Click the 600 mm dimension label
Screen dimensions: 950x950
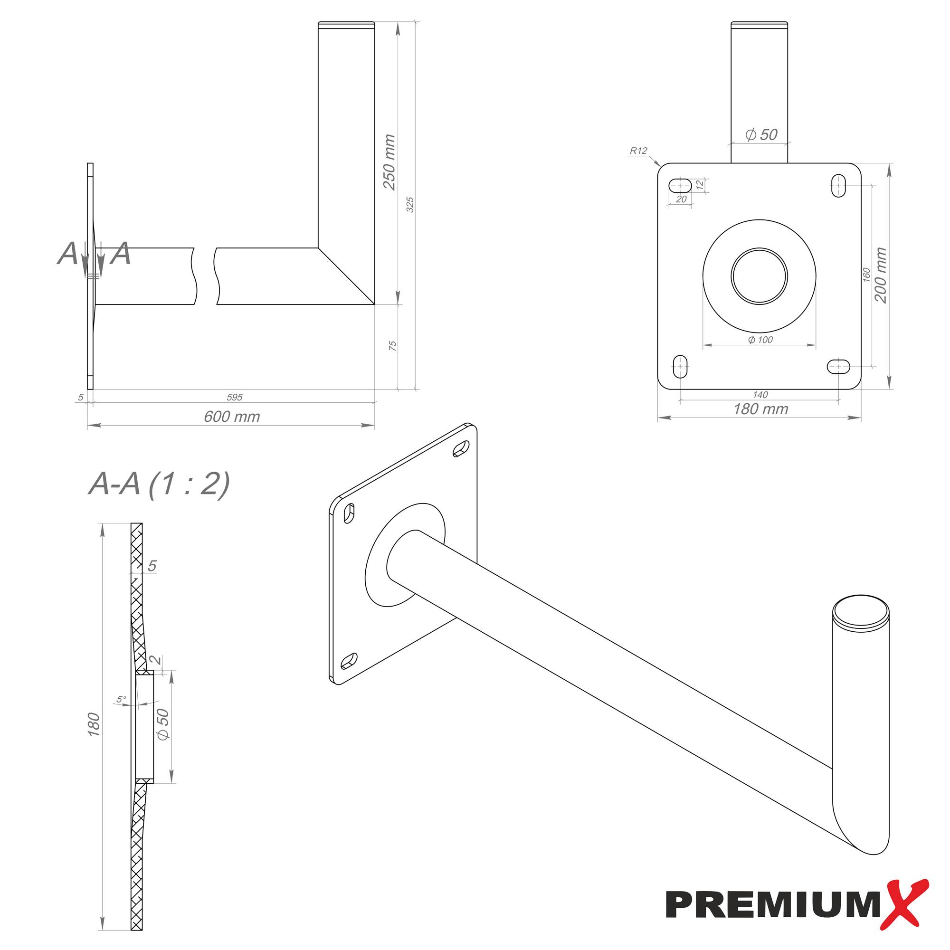click(232, 417)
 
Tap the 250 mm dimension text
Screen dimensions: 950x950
click(389, 162)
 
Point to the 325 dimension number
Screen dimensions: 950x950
click(410, 205)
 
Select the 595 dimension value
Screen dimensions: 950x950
click(235, 397)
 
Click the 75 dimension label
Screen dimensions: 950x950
click(392, 346)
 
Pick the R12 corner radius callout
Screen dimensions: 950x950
click(639, 151)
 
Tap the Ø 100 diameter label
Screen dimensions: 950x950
click(760, 340)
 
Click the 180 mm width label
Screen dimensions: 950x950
click(760, 409)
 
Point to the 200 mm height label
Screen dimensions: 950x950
click(881, 275)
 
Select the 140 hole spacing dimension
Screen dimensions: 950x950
click(760, 395)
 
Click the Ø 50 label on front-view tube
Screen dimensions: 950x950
click(761, 135)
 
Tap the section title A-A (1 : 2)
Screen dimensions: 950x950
click(159, 484)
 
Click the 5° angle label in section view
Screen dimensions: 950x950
click(121, 699)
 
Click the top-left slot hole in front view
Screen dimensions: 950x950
click(681, 186)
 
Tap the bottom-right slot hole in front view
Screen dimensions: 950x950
click(838, 366)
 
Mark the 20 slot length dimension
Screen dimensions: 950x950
click(681, 199)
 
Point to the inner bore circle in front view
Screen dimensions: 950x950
click(759, 276)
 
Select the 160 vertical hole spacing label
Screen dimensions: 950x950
click(867, 275)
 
